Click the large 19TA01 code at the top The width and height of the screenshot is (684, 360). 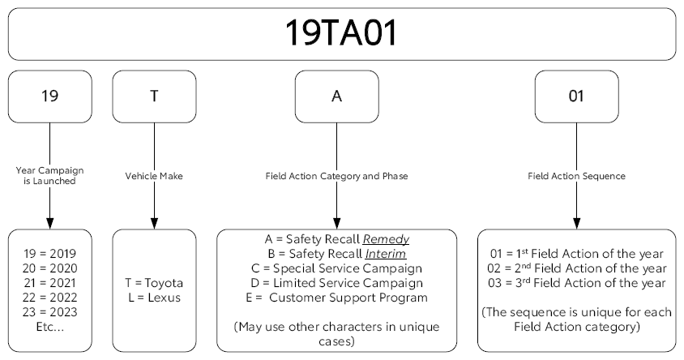(341, 32)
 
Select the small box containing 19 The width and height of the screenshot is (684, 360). (50, 96)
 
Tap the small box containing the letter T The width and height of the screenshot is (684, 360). (154, 96)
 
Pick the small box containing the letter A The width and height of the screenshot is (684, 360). (336, 96)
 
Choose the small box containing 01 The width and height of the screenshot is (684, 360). (576, 96)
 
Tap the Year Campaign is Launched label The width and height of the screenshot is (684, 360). (50, 175)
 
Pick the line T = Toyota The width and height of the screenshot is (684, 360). (154, 283)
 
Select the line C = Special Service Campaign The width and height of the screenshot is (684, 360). (336, 269)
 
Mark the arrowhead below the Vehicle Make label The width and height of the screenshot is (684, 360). (154, 222)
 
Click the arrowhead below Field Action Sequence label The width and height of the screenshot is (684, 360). (576, 222)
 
